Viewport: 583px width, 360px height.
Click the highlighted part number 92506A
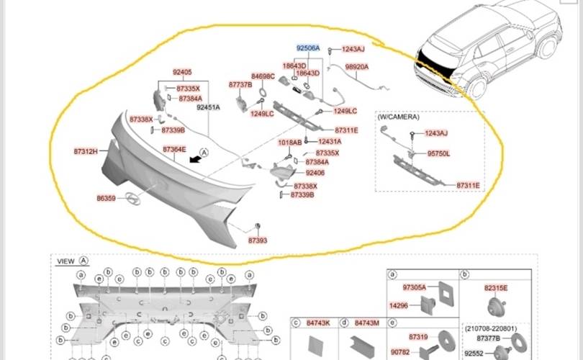tap(307, 48)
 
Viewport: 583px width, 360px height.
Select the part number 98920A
tap(356, 66)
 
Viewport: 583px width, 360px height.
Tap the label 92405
tap(182, 72)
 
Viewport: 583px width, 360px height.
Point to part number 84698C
tap(263, 76)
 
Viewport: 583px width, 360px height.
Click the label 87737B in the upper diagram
tap(240, 84)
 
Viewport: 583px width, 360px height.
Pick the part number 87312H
tap(85, 151)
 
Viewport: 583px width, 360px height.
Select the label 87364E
tap(174, 149)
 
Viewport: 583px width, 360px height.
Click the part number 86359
tap(106, 197)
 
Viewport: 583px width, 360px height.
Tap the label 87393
tap(258, 240)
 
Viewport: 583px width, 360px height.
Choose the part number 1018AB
tap(289, 142)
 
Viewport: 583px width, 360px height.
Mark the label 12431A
tap(330, 142)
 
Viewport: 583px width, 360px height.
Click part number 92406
tap(315, 173)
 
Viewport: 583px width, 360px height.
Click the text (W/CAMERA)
tap(398, 116)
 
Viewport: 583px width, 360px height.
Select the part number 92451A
tap(208, 107)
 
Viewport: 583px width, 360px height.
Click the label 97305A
tap(414, 287)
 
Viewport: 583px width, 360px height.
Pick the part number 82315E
tap(496, 287)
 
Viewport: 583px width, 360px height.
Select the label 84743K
tap(317, 323)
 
